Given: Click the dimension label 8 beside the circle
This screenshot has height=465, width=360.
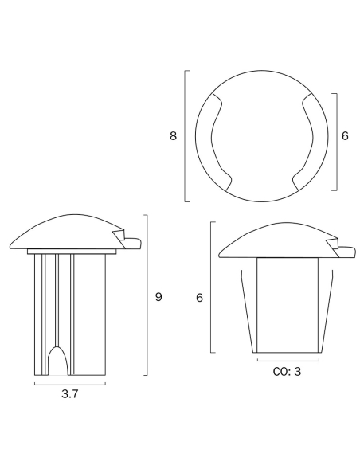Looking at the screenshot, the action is [173, 136].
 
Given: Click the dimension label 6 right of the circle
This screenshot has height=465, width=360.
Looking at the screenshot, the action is [345, 136].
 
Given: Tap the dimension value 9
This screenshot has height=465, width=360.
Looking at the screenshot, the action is [158, 297].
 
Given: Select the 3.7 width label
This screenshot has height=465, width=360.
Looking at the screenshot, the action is [70, 394].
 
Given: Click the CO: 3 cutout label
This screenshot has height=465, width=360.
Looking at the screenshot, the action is [287, 372].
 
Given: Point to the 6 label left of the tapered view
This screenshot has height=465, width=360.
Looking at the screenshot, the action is [200, 298].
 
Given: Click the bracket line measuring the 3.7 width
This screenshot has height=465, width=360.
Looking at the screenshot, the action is [70, 385].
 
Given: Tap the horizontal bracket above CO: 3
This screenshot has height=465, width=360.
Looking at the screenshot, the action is [288, 361].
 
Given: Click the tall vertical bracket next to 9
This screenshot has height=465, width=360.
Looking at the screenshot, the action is [147, 295].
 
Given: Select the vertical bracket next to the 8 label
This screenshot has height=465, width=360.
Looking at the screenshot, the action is [185, 136].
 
